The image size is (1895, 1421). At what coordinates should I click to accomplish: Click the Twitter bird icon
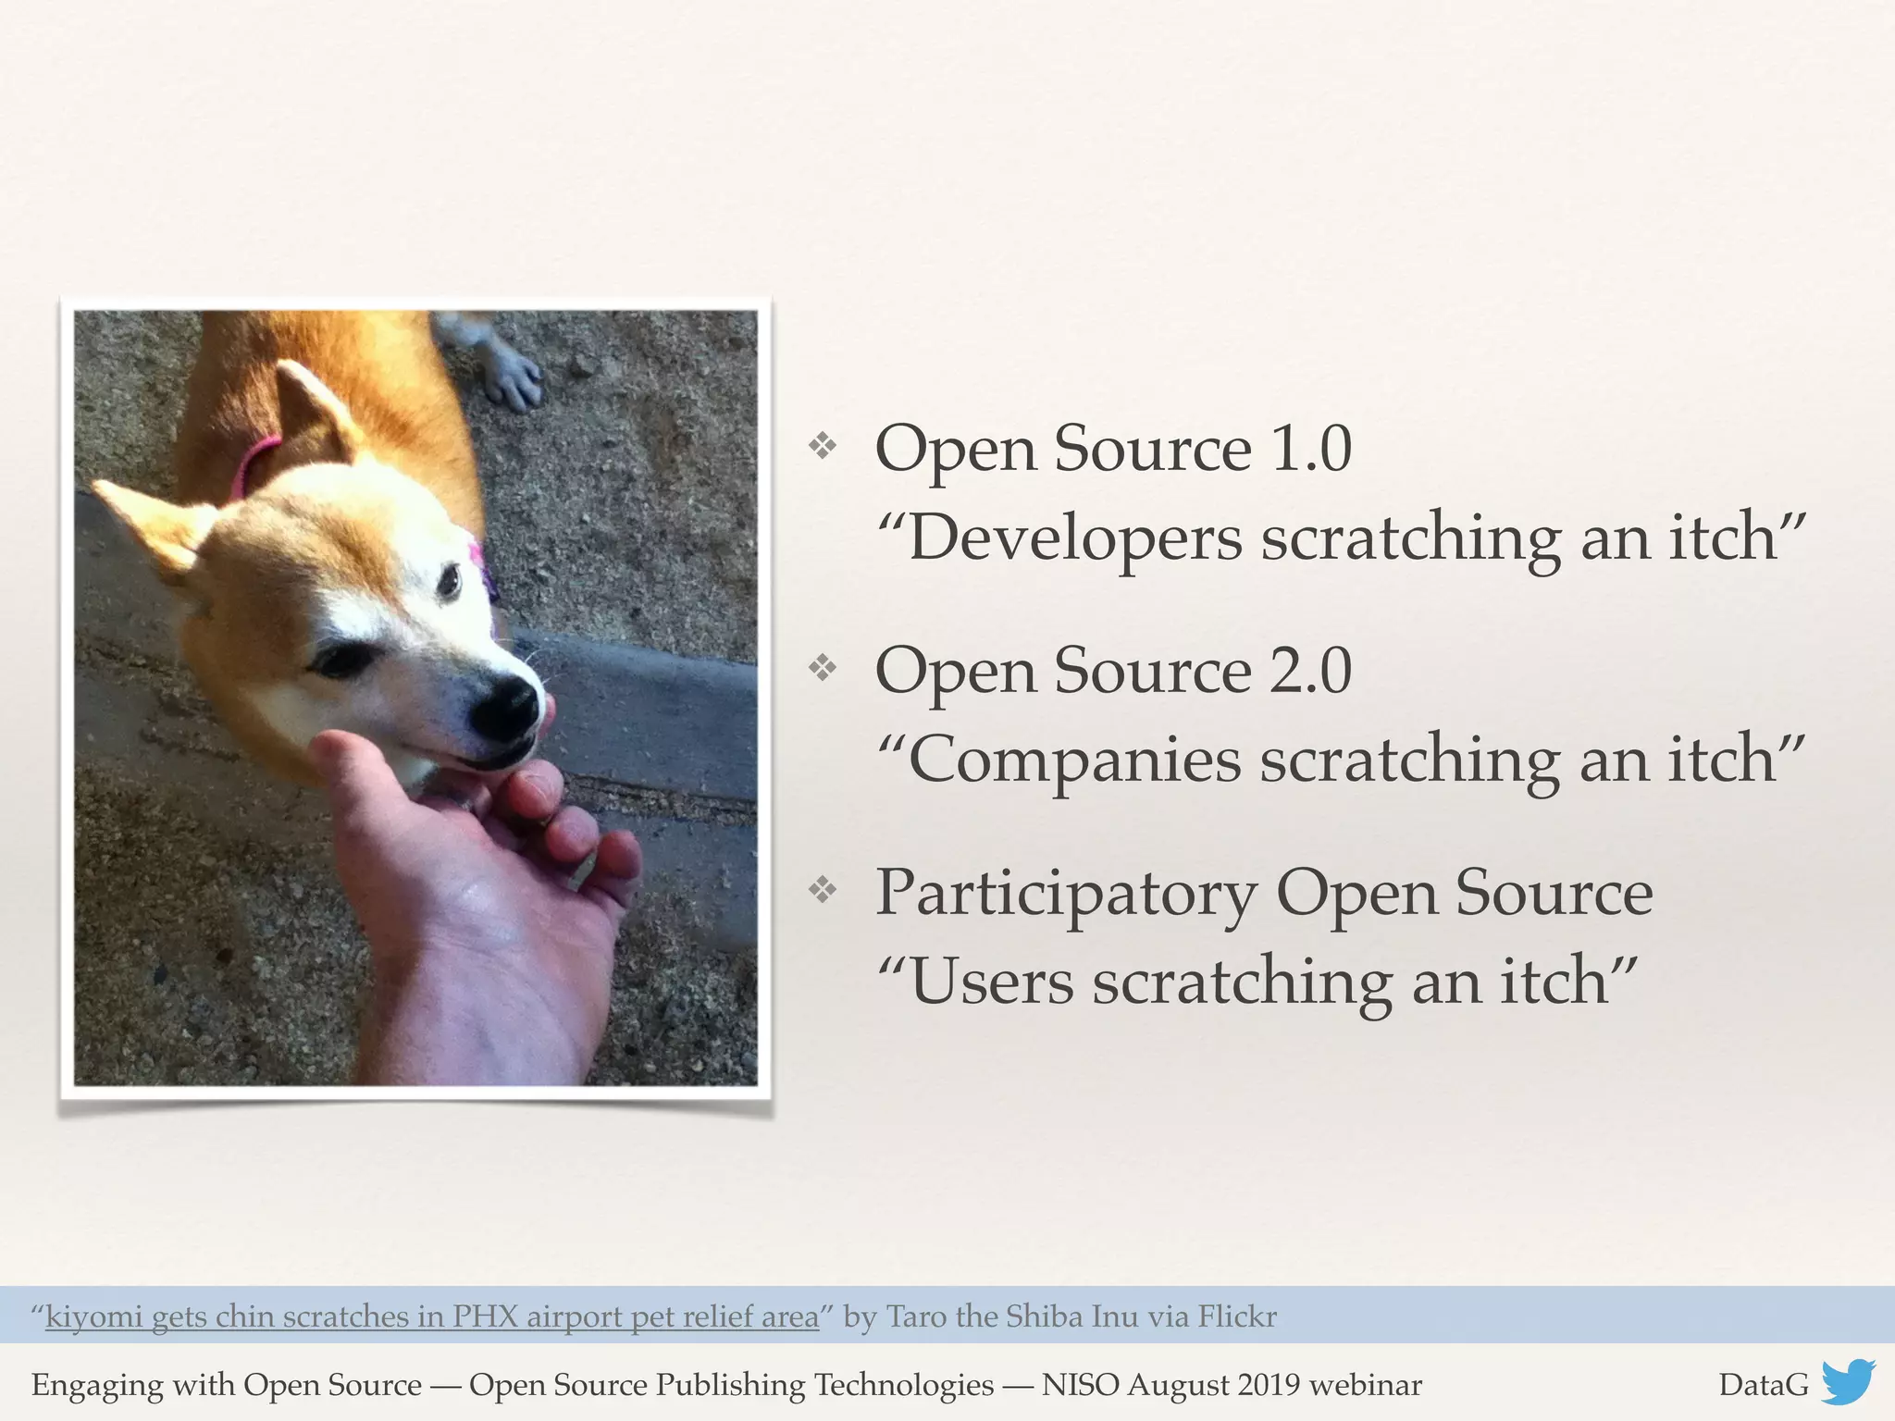click(1848, 1382)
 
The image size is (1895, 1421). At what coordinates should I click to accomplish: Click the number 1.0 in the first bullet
click(1311, 449)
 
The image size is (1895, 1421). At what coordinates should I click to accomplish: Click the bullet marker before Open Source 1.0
click(822, 447)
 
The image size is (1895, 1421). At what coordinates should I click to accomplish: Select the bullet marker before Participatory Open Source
click(822, 890)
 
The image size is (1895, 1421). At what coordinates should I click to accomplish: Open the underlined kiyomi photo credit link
click(432, 1316)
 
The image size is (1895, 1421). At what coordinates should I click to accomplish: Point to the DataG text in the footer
click(1763, 1385)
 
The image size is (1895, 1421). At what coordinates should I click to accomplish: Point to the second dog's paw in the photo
click(514, 379)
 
